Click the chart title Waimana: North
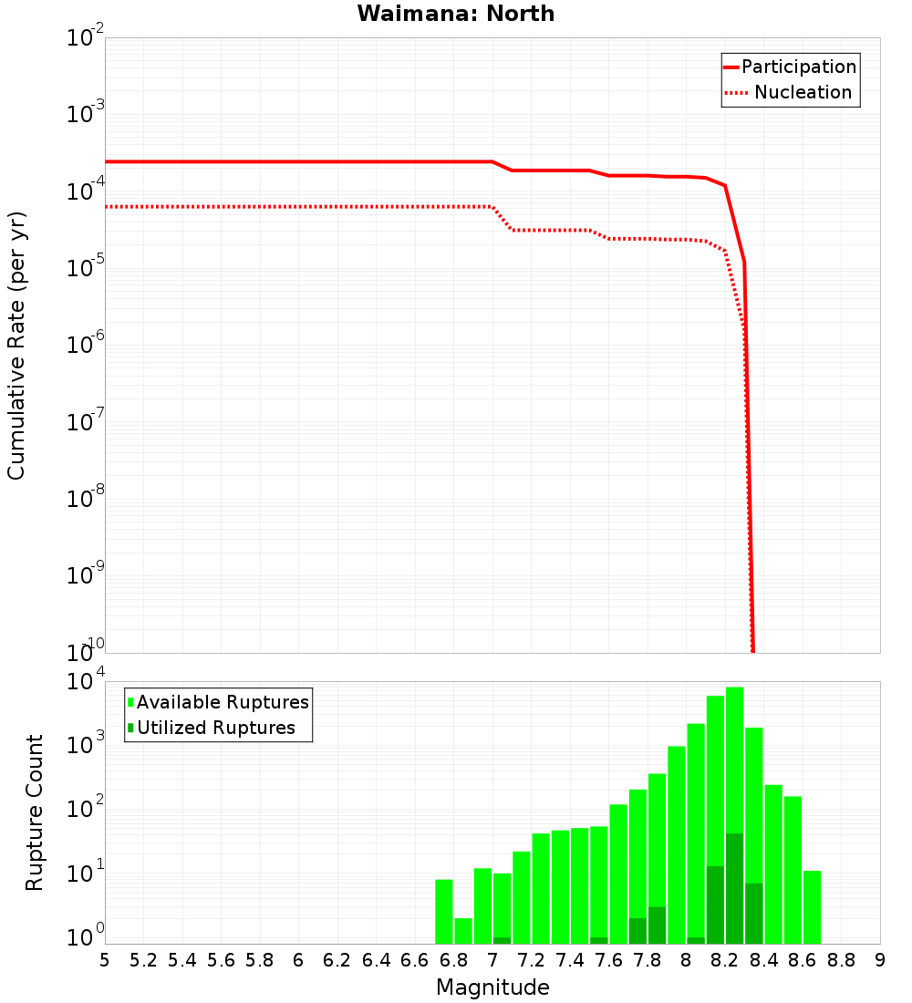pyautogui.click(x=455, y=14)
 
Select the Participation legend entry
pyautogui.click(x=798, y=67)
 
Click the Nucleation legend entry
pyautogui.click(x=803, y=92)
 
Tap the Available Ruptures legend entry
pyautogui.click(x=223, y=702)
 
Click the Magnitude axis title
pyautogui.click(x=492, y=987)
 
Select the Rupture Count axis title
pyautogui.click(x=35, y=812)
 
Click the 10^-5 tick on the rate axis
pyautogui.click(x=86, y=268)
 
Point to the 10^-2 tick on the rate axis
pyautogui.click(x=86, y=38)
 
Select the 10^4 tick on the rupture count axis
pyautogui.click(x=86, y=682)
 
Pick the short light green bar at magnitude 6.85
pyautogui.click(x=463, y=931)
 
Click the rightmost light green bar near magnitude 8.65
pyautogui.click(x=812, y=907)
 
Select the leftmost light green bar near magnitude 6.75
pyautogui.click(x=444, y=912)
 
